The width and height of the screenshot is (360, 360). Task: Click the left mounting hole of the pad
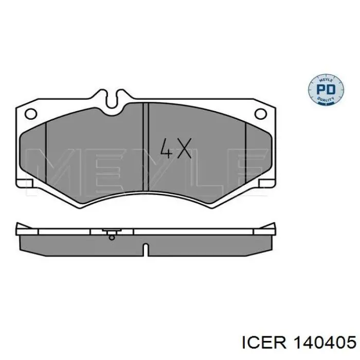click(x=31, y=114)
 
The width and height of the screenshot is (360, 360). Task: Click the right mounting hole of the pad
click(x=261, y=114)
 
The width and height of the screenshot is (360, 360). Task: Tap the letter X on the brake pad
click(x=183, y=148)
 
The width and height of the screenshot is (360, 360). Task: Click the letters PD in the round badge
click(x=326, y=89)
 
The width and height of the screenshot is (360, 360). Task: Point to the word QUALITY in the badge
click(x=326, y=99)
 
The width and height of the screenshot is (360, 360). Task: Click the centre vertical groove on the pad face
click(x=146, y=147)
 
